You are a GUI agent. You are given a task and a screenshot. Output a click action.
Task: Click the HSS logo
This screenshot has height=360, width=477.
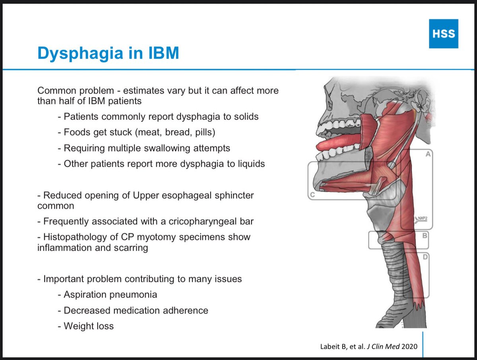coord(443,34)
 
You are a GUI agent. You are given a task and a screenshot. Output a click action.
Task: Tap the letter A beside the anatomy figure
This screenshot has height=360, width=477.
coord(428,155)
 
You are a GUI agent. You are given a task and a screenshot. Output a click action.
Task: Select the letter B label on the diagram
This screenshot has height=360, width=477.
coord(424,236)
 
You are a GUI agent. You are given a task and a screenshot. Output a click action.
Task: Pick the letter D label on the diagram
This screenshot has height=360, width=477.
coord(425,257)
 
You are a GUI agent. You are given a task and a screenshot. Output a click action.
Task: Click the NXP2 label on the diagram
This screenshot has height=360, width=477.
coord(422,218)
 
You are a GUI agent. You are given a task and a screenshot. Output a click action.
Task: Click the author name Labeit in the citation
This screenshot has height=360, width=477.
coord(330,347)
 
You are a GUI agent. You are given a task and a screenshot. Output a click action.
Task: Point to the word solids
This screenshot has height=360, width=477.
coord(244,116)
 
